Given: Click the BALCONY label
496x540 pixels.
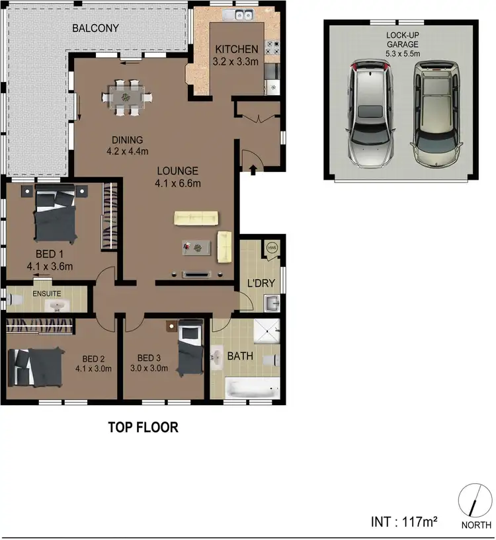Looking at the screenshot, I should click(96, 28).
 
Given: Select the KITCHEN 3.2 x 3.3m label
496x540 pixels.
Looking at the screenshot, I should click(235, 55).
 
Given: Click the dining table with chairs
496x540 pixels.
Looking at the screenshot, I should click(126, 96).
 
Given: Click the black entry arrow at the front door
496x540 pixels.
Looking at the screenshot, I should click(254, 171).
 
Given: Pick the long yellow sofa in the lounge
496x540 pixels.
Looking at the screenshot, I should click(196, 218).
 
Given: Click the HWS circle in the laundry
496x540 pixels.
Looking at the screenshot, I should click(272, 247).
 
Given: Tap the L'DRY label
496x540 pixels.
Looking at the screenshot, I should click(261, 284).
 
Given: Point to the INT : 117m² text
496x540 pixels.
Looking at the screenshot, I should click(405, 521).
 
